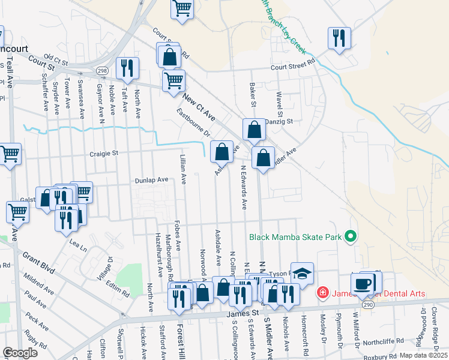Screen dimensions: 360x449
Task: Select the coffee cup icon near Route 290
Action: pos(362,283)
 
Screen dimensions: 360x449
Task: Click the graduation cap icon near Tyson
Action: pos(302,273)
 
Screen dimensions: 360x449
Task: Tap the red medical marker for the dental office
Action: pos(323,293)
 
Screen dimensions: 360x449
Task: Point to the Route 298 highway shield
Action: pos(103,71)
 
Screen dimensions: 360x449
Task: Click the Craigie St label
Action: pos(103,154)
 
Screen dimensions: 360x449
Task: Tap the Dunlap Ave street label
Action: pos(151,179)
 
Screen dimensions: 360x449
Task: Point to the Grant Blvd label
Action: pos(39,263)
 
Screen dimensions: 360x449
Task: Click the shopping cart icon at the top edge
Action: pos(182,8)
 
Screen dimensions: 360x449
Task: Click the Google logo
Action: pos(20,353)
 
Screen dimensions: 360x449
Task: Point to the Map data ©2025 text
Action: pos(423,355)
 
